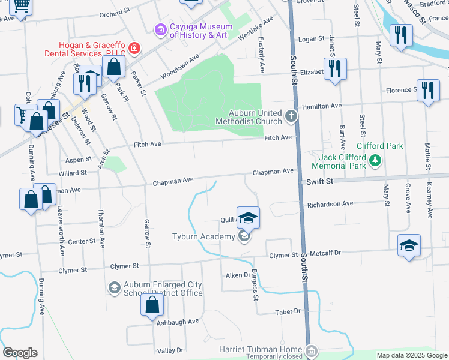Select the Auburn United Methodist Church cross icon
291,116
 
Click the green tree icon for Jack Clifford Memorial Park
375,160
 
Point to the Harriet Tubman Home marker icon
310,350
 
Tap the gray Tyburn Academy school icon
244,237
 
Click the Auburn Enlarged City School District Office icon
114,289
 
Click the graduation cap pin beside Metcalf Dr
409,246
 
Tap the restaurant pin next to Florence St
427,91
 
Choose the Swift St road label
319,181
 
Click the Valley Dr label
170,350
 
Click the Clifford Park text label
379,146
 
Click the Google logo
20,353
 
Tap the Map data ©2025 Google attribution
411,355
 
